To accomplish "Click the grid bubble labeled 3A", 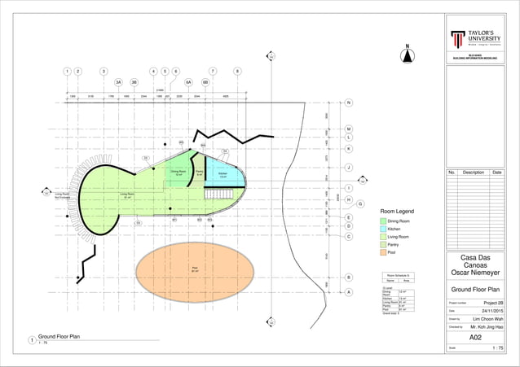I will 118,82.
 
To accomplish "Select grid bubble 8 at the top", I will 237,72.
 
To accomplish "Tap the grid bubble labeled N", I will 349,103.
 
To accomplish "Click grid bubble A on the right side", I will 349,292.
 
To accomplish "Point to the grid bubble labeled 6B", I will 205,82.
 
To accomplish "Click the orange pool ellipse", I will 194,269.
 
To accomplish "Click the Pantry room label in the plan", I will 199,173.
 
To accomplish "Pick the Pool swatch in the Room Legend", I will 382,253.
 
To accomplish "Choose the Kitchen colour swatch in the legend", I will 382,229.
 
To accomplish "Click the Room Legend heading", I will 397,211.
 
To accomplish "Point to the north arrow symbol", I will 407,55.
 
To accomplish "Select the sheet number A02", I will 476,336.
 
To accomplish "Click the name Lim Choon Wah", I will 487,319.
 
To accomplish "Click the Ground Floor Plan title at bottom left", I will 62,336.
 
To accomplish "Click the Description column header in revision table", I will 474,173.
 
